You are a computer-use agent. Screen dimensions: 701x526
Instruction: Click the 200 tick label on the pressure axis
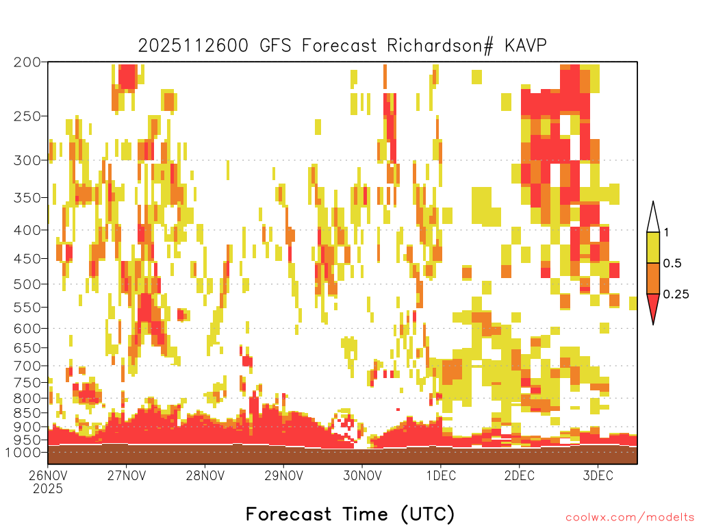pos(27,62)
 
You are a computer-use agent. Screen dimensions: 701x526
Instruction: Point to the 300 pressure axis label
pos(27,160)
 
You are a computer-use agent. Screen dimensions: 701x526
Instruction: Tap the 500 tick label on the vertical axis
pos(27,284)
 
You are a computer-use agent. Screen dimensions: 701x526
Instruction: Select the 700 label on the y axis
pos(27,366)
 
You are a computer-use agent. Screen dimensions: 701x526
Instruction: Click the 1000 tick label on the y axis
pos(23,452)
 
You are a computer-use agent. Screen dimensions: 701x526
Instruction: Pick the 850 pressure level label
pos(27,413)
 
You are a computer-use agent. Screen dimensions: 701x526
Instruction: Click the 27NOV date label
pos(127,475)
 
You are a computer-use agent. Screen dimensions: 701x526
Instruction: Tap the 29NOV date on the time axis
pos(283,475)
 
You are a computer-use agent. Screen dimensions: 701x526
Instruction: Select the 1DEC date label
pos(441,475)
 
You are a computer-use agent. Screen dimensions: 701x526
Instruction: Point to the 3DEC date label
pos(598,475)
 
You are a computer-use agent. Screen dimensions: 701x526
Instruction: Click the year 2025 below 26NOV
pos(48,489)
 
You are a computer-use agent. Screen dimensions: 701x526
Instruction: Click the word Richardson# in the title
pos(440,46)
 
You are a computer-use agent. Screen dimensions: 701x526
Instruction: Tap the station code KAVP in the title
pos(525,46)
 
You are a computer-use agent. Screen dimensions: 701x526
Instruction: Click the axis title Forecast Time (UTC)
pos(350,514)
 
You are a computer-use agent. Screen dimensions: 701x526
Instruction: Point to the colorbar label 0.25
pos(676,295)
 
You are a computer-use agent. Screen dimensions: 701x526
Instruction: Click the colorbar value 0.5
pos(672,264)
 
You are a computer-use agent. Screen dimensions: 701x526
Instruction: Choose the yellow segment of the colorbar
pos(653,247)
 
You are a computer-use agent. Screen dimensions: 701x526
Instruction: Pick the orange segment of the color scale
pos(653,278)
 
